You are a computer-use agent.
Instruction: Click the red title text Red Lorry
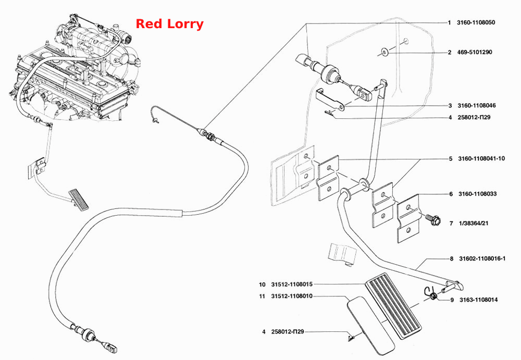point(169,24)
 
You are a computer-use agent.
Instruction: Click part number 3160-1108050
point(476,22)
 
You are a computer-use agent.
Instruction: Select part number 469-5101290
point(475,52)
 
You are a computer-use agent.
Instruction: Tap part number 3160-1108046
point(477,105)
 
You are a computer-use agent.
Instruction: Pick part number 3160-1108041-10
point(481,158)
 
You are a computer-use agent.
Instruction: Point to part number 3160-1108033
point(477,194)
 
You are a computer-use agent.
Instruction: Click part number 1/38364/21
point(474,224)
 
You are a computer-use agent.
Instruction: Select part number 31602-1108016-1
point(482,258)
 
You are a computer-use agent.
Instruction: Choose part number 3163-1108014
point(478,300)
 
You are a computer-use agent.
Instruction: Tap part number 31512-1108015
point(292,284)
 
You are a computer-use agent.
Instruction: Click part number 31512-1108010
point(292,296)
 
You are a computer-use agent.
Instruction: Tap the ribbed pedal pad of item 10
point(393,306)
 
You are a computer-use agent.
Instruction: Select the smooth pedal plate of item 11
point(370,326)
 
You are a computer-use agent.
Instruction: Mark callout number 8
point(452,258)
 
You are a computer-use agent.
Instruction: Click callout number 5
point(451,159)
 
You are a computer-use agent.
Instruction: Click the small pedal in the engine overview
point(79,200)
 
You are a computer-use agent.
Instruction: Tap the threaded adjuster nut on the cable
point(209,135)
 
